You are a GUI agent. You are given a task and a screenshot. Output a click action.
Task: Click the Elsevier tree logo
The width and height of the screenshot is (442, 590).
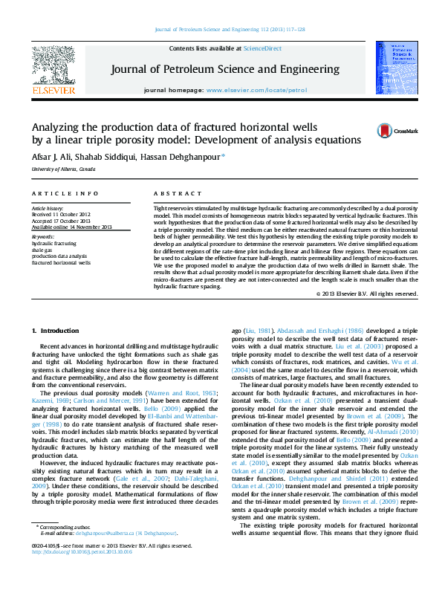pos(53,68)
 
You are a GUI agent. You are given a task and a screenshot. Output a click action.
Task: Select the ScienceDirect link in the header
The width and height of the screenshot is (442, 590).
pos(263,48)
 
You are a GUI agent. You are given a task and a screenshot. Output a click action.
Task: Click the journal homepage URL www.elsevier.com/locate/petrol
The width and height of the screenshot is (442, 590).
pos(256,89)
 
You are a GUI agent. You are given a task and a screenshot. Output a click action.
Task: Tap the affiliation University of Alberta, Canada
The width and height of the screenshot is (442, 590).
pos(63,169)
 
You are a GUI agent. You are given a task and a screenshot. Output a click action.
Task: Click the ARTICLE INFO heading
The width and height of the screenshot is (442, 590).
pos(59,193)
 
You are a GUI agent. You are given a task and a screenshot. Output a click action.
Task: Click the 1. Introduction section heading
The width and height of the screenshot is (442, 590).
pos(58,329)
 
